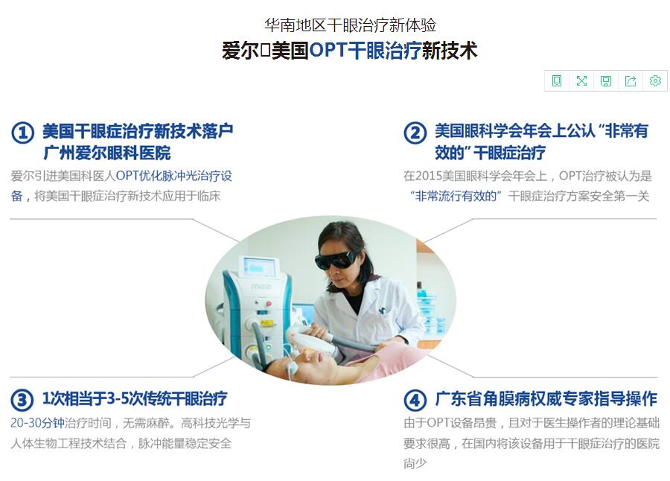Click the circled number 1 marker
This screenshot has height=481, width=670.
(x=22, y=133)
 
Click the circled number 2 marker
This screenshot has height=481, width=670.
(x=415, y=133)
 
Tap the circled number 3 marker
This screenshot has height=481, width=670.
(x=22, y=400)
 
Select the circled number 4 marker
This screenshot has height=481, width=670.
(x=415, y=400)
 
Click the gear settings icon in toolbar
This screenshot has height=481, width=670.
(x=655, y=80)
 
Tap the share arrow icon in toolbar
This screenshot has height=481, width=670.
(x=631, y=80)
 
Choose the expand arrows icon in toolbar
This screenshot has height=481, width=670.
(x=581, y=80)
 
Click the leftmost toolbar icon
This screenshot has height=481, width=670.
(x=557, y=80)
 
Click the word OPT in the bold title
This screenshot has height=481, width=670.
(x=328, y=50)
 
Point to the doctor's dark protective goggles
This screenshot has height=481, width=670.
(x=336, y=260)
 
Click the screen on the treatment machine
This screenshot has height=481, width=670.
(x=259, y=267)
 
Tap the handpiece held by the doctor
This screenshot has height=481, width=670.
(x=307, y=338)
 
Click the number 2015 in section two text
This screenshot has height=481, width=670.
(x=429, y=176)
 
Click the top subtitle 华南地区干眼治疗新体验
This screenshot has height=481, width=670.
(x=350, y=25)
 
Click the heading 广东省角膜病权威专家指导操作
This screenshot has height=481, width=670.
(x=546, y=398)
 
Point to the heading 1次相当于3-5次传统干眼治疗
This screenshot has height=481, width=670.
(x=135, y=398)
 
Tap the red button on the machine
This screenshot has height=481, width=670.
(x=268, y=304)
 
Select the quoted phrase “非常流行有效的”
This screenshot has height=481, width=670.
(x=456, y=196)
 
